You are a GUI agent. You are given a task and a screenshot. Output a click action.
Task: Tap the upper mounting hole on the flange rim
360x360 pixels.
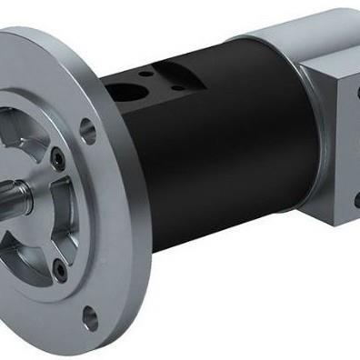click(87, 129)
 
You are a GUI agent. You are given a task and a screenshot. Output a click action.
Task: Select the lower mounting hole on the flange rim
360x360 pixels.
click(88, 317)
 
